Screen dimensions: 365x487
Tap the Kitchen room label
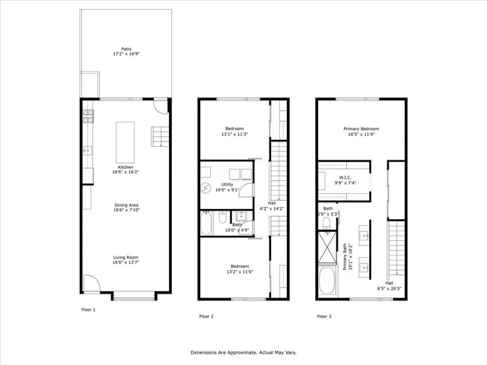126,170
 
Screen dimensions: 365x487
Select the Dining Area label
126,208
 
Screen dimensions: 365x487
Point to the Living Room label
126,262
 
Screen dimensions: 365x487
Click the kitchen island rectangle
125,139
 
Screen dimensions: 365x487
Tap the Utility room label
227,187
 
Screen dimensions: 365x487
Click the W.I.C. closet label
342,179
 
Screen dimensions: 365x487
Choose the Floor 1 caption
90,310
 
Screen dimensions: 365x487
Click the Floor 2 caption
206,316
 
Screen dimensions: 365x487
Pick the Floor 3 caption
324,316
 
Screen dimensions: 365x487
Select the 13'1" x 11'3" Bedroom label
234,131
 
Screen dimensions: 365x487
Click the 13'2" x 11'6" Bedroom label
234,269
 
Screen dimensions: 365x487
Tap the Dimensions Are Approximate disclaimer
243,353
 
